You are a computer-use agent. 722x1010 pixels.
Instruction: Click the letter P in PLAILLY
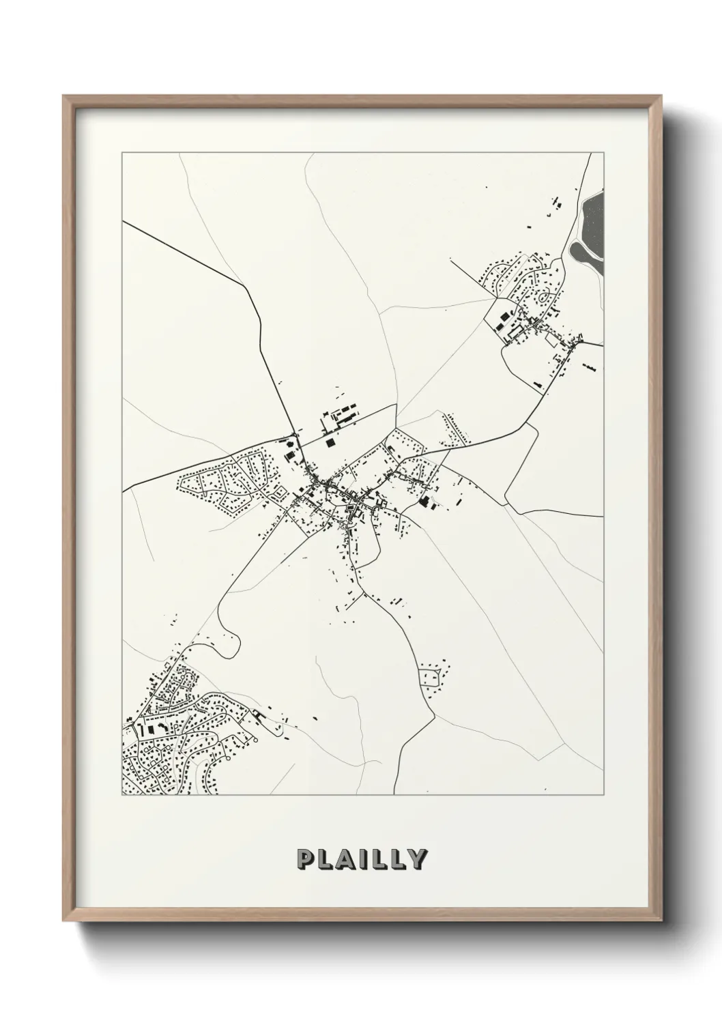[305, 859]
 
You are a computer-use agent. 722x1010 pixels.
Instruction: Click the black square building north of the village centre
[331, 442]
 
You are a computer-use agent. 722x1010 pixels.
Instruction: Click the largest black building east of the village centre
[426, 502]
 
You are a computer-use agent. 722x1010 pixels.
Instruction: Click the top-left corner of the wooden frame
[63, 96]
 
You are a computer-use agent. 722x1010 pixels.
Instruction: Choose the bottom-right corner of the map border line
[603, 795]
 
